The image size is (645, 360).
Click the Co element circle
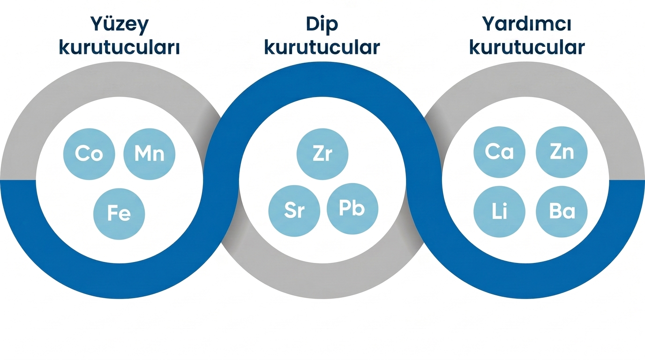tap(89, 154)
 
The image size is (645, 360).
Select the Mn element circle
tap(149, 154)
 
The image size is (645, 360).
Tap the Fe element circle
tap(119, 214)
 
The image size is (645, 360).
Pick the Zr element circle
tap(322, 154)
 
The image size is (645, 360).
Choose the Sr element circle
tap(294, 211)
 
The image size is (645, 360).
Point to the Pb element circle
tap(352, 209)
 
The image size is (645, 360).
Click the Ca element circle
tap(499, 152)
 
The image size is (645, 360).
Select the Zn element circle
tap(562, 152)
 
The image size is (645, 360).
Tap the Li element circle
tap(499, 212)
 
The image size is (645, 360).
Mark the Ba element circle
tap(562, 212)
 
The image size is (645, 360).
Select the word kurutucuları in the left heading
tap(119, 47)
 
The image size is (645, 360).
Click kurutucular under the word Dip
tap(322, 47)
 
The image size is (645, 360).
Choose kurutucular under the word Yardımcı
tap(527, 47)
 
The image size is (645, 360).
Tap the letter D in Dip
tap(313, 24)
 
